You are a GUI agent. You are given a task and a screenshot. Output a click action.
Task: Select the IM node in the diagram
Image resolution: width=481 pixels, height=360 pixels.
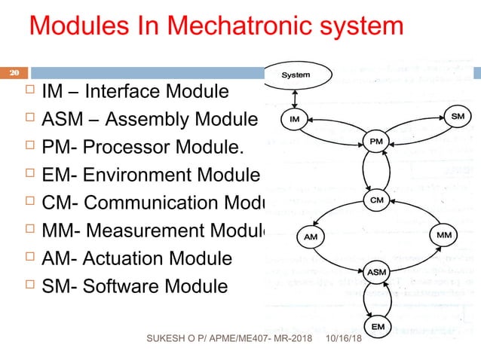295,118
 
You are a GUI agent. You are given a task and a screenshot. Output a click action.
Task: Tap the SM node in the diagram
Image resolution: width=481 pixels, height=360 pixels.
458,117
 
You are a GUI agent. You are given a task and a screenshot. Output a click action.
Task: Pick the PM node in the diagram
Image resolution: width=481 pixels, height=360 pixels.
378,141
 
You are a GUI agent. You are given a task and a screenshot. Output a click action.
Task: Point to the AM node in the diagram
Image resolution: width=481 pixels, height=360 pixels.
311,236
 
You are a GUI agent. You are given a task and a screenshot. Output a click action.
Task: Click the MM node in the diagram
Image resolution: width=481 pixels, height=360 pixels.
445,234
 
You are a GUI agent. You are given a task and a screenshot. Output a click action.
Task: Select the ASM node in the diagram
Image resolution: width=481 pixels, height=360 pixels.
378,270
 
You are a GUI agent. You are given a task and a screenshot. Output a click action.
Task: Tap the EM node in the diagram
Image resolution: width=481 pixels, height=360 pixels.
378,326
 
